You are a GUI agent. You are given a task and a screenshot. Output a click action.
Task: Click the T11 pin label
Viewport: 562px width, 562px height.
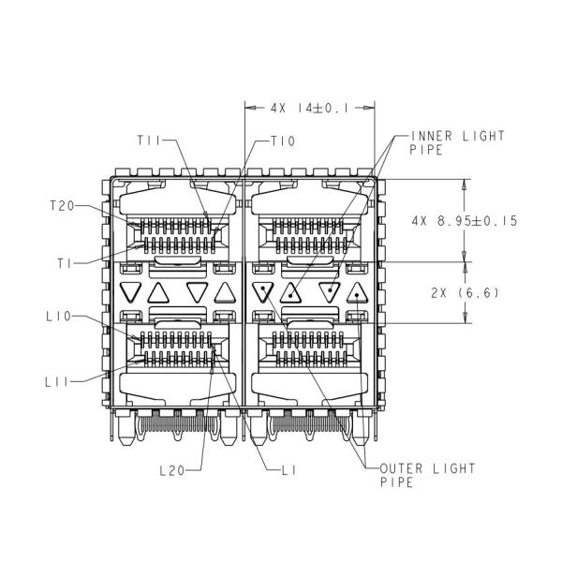pos(149,140)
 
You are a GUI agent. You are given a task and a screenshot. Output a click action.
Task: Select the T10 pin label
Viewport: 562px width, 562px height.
pos(283,141)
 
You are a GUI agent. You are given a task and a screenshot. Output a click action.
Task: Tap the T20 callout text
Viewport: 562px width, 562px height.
pos(62,206)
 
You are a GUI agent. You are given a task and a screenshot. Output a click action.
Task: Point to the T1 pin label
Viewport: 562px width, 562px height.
pos(65,264)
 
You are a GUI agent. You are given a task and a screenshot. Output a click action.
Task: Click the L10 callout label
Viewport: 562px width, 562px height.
pos(59,317)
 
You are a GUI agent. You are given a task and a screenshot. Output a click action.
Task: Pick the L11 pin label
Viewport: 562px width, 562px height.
pos(56,382)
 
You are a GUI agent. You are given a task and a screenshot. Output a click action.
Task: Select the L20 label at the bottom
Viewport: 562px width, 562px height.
pos(172,470)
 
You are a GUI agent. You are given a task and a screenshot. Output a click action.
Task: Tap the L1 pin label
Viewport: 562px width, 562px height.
pos(288,470)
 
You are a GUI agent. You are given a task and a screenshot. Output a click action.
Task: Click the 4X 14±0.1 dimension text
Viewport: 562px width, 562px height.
pos(309,108)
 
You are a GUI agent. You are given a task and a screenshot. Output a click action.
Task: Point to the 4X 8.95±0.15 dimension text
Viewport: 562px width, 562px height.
pos(465,220)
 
